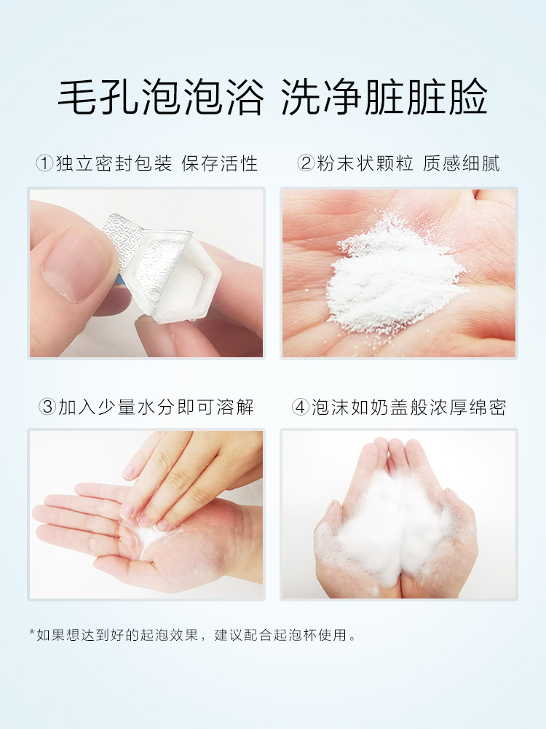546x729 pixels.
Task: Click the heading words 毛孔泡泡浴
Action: [x=160, y=97]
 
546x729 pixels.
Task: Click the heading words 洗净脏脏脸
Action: [x=384, y=97]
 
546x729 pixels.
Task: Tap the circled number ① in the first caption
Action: [x=44, y=163]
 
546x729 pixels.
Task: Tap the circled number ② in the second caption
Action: [x=306, y=163]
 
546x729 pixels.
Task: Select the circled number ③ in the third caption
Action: [x=48, y=406]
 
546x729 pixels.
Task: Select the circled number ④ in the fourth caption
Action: [x=301, y=406]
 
